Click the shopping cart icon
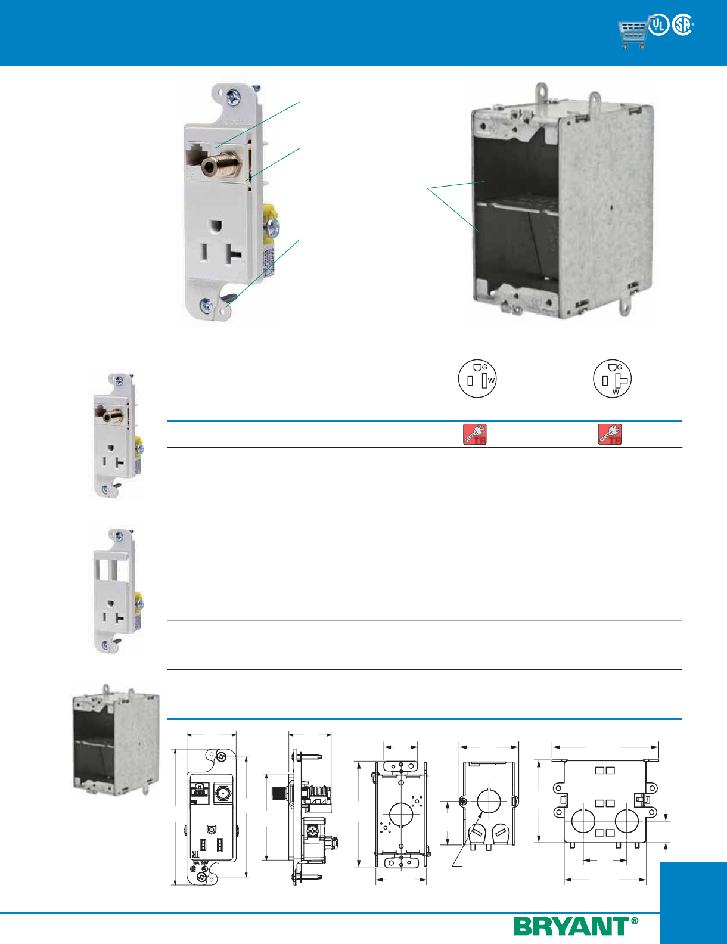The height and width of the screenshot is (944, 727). pos(633,35)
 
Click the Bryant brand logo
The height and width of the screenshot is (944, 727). pos(575,927)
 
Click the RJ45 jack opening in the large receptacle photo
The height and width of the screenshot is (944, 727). pos(194,156)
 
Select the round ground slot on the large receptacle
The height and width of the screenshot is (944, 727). pos(216,226)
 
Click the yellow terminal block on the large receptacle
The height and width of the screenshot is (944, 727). pos(269,212)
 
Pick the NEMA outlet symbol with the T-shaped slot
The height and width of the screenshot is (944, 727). pos(612,378)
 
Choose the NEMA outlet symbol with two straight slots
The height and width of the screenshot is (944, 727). pos(477,378)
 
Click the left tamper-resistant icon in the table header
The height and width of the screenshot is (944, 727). pos(475,434)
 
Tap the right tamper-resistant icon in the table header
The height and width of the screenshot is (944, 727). pos(610,434)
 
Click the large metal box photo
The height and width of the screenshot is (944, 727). pos(563,203)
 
